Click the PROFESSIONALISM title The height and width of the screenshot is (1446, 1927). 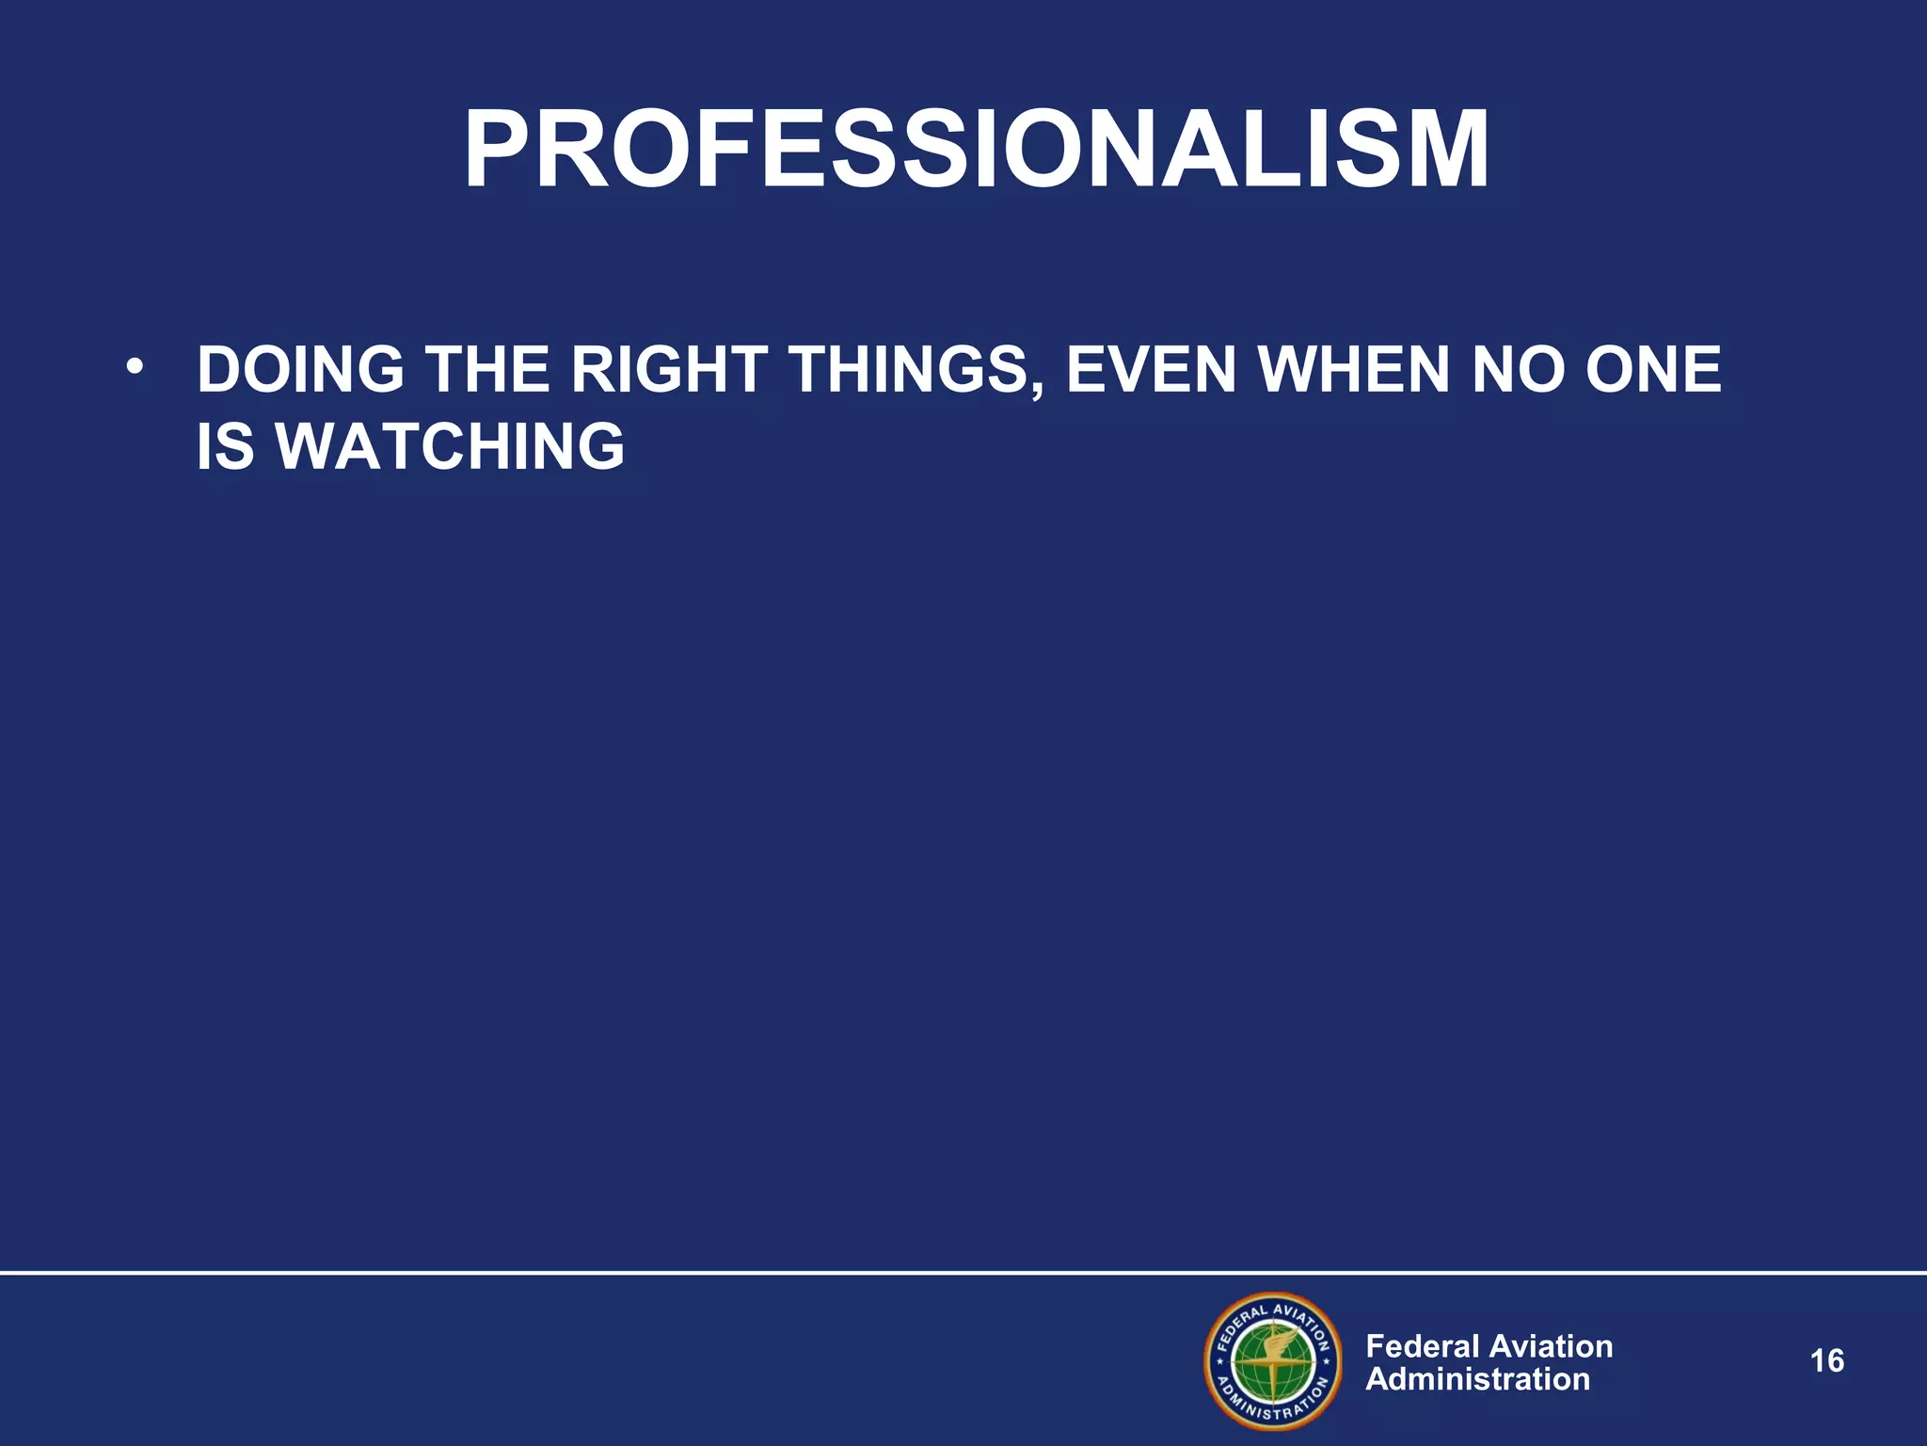point(976,151)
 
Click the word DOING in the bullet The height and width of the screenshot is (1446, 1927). point(300,370)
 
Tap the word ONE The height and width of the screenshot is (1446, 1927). point(1653,370)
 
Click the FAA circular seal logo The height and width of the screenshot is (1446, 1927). point(1273,1360)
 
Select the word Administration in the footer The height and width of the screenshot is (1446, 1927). point(1477,1379)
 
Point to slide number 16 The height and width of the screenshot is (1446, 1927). point(1826,1361)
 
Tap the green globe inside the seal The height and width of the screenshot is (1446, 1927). point(1273,1362)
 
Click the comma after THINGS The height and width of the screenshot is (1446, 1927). point(1037,391)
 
